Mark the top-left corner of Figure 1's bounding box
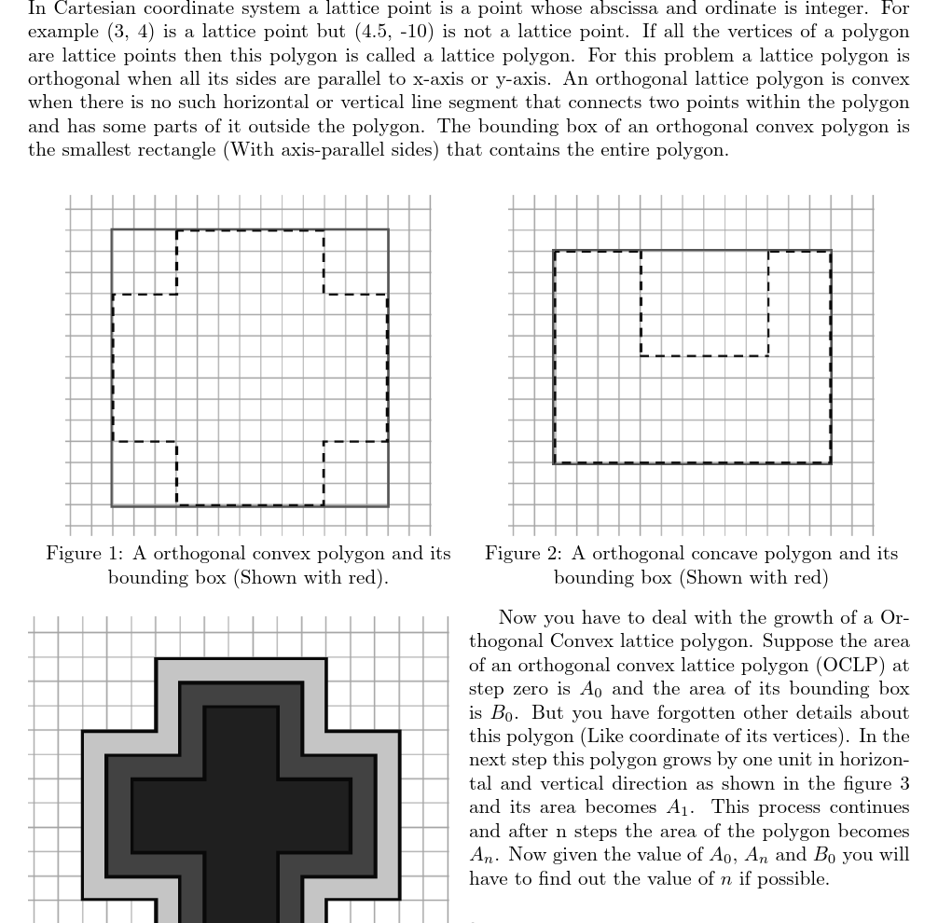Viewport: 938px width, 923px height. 112,228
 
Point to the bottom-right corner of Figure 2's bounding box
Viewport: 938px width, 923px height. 830,462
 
